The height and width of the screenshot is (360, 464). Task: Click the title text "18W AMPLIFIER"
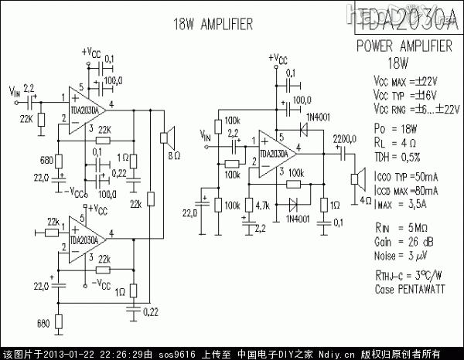(x=213, y=25)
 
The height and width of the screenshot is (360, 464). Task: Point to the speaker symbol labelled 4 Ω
(x=358, y=180)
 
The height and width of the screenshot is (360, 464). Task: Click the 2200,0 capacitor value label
(x=345, y=138)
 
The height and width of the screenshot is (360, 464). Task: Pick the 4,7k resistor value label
(x=261, y=205)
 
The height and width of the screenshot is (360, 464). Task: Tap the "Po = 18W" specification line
(x=395, y=127)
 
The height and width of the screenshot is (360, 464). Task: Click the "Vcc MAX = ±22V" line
(x=405, y=80)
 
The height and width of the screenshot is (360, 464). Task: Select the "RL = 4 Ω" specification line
(x=395, y=142)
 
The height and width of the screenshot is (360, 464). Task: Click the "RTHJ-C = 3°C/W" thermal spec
(x=408, y=275)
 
